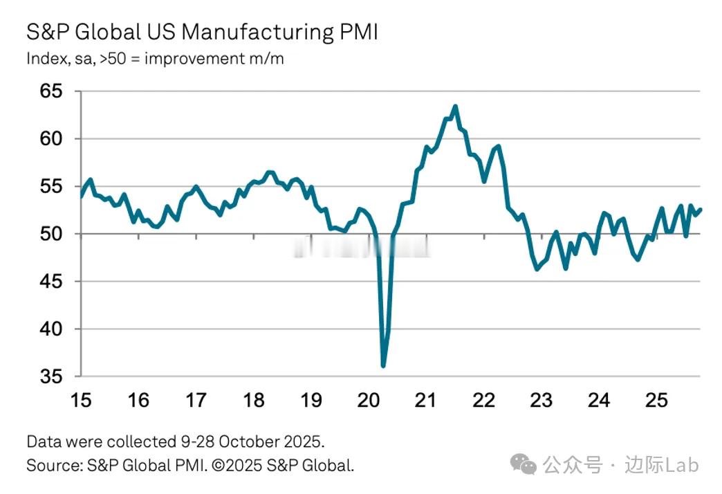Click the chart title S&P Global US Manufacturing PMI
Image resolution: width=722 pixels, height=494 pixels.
click(x=202, y=33)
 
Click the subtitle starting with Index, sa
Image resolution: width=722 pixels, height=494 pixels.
click(x=155, y=59)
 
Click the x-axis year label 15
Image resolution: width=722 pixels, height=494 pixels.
click(x=81, y=401)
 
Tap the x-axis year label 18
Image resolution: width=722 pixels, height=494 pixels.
click(x=254, y=401)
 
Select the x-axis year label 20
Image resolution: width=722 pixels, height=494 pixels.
click(x=369, y=401)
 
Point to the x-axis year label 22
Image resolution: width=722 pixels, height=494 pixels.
click(x=483, y=401)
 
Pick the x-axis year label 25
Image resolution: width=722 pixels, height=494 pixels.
click(x=656, y=401)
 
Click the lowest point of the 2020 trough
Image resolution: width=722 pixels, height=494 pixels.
click(x=383, y=366)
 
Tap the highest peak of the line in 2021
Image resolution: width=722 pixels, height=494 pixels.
click(x=455, y=107)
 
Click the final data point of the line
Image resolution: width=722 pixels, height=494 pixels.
click(x=701, y=210)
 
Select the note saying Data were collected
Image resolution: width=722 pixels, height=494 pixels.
click(x=175, y=441)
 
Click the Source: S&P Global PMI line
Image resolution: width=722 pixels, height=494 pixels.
click(x=190, y=465)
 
